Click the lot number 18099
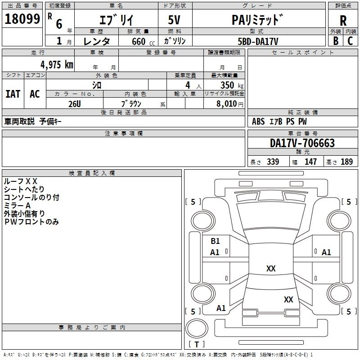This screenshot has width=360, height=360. (22, 19)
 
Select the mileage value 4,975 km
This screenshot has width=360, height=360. (57, 65)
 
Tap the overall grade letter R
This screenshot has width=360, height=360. (343, 21)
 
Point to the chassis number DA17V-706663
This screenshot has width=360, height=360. (302, 143)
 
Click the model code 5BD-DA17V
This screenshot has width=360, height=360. (258, 41)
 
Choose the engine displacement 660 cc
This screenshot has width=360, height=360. (143, 41)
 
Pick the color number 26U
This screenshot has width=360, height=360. (75, 104)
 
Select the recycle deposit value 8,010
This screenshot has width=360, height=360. (226, 104)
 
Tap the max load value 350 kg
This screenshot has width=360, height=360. (232, 85)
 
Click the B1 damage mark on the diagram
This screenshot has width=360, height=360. (215, 241)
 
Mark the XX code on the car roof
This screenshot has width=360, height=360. (271, 268)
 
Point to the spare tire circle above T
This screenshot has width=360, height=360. (197, 328)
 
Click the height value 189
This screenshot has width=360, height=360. (346, 162)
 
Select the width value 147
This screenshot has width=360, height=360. (310, 162)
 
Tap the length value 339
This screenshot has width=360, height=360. (273, 162)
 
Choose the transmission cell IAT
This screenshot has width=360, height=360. (13, 94)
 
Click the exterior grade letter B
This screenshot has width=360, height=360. (336, 41)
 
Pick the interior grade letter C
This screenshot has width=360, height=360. (350, 41)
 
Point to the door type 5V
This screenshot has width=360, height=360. (174, 20)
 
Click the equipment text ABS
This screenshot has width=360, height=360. (258, 121)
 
